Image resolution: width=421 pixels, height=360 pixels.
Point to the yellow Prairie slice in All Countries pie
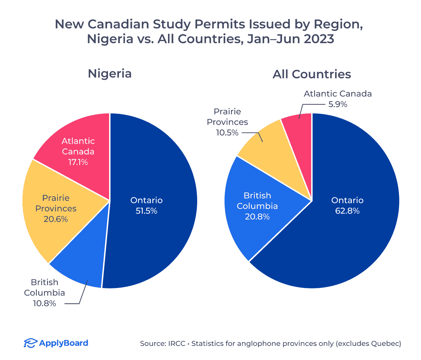point(270,148)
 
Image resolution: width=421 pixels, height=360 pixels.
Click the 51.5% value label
point(147,211)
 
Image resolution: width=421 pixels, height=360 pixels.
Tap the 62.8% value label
point(347,211)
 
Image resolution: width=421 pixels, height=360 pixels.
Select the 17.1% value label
point(78,162)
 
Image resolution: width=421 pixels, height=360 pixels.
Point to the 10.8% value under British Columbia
point(45,303)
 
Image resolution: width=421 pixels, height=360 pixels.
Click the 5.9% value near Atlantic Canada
point(337,104)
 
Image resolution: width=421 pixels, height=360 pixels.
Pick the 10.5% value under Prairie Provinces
point(227,133)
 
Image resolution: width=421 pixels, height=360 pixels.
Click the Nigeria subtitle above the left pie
point(110,74)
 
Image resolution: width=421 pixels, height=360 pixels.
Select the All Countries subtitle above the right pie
point(312,74)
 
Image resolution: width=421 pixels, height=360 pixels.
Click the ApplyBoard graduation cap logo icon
point(31,343)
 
